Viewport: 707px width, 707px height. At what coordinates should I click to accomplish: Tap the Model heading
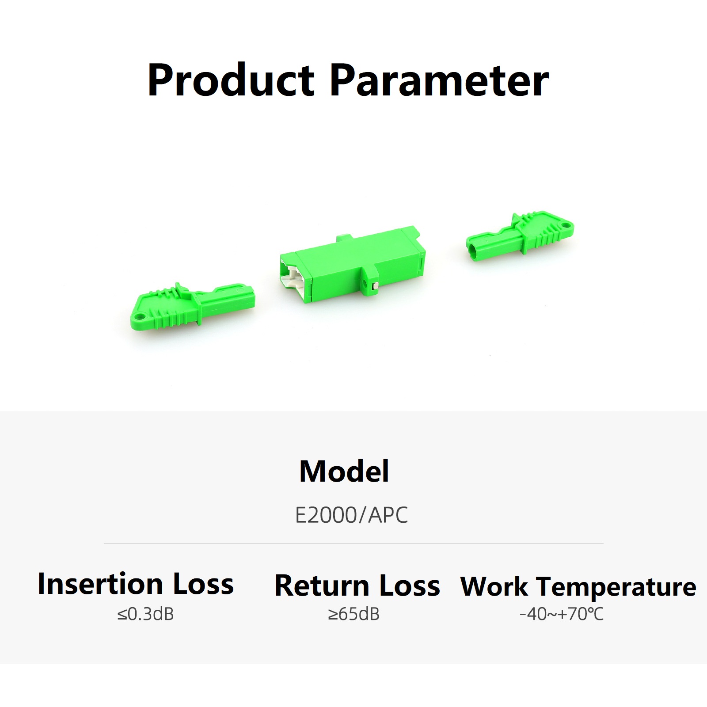(344, 471)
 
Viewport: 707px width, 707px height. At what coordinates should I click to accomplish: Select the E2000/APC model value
(351, 515)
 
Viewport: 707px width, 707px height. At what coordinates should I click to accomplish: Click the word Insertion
(100, 584)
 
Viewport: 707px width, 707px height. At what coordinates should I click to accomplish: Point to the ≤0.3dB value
(145, 614)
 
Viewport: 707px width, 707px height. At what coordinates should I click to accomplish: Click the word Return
(322, 586)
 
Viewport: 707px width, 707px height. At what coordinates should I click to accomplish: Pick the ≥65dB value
(353, 614)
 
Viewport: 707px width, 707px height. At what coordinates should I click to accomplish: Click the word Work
(494, 587)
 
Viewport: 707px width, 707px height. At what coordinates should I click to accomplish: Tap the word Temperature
(617, 588)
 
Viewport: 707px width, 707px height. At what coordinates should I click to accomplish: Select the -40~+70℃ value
(561, 614)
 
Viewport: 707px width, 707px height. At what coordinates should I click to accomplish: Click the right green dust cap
(520, 236)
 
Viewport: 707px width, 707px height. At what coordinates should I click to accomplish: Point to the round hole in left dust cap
(141, 316)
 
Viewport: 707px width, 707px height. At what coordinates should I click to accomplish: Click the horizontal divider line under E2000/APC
(353, 544)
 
